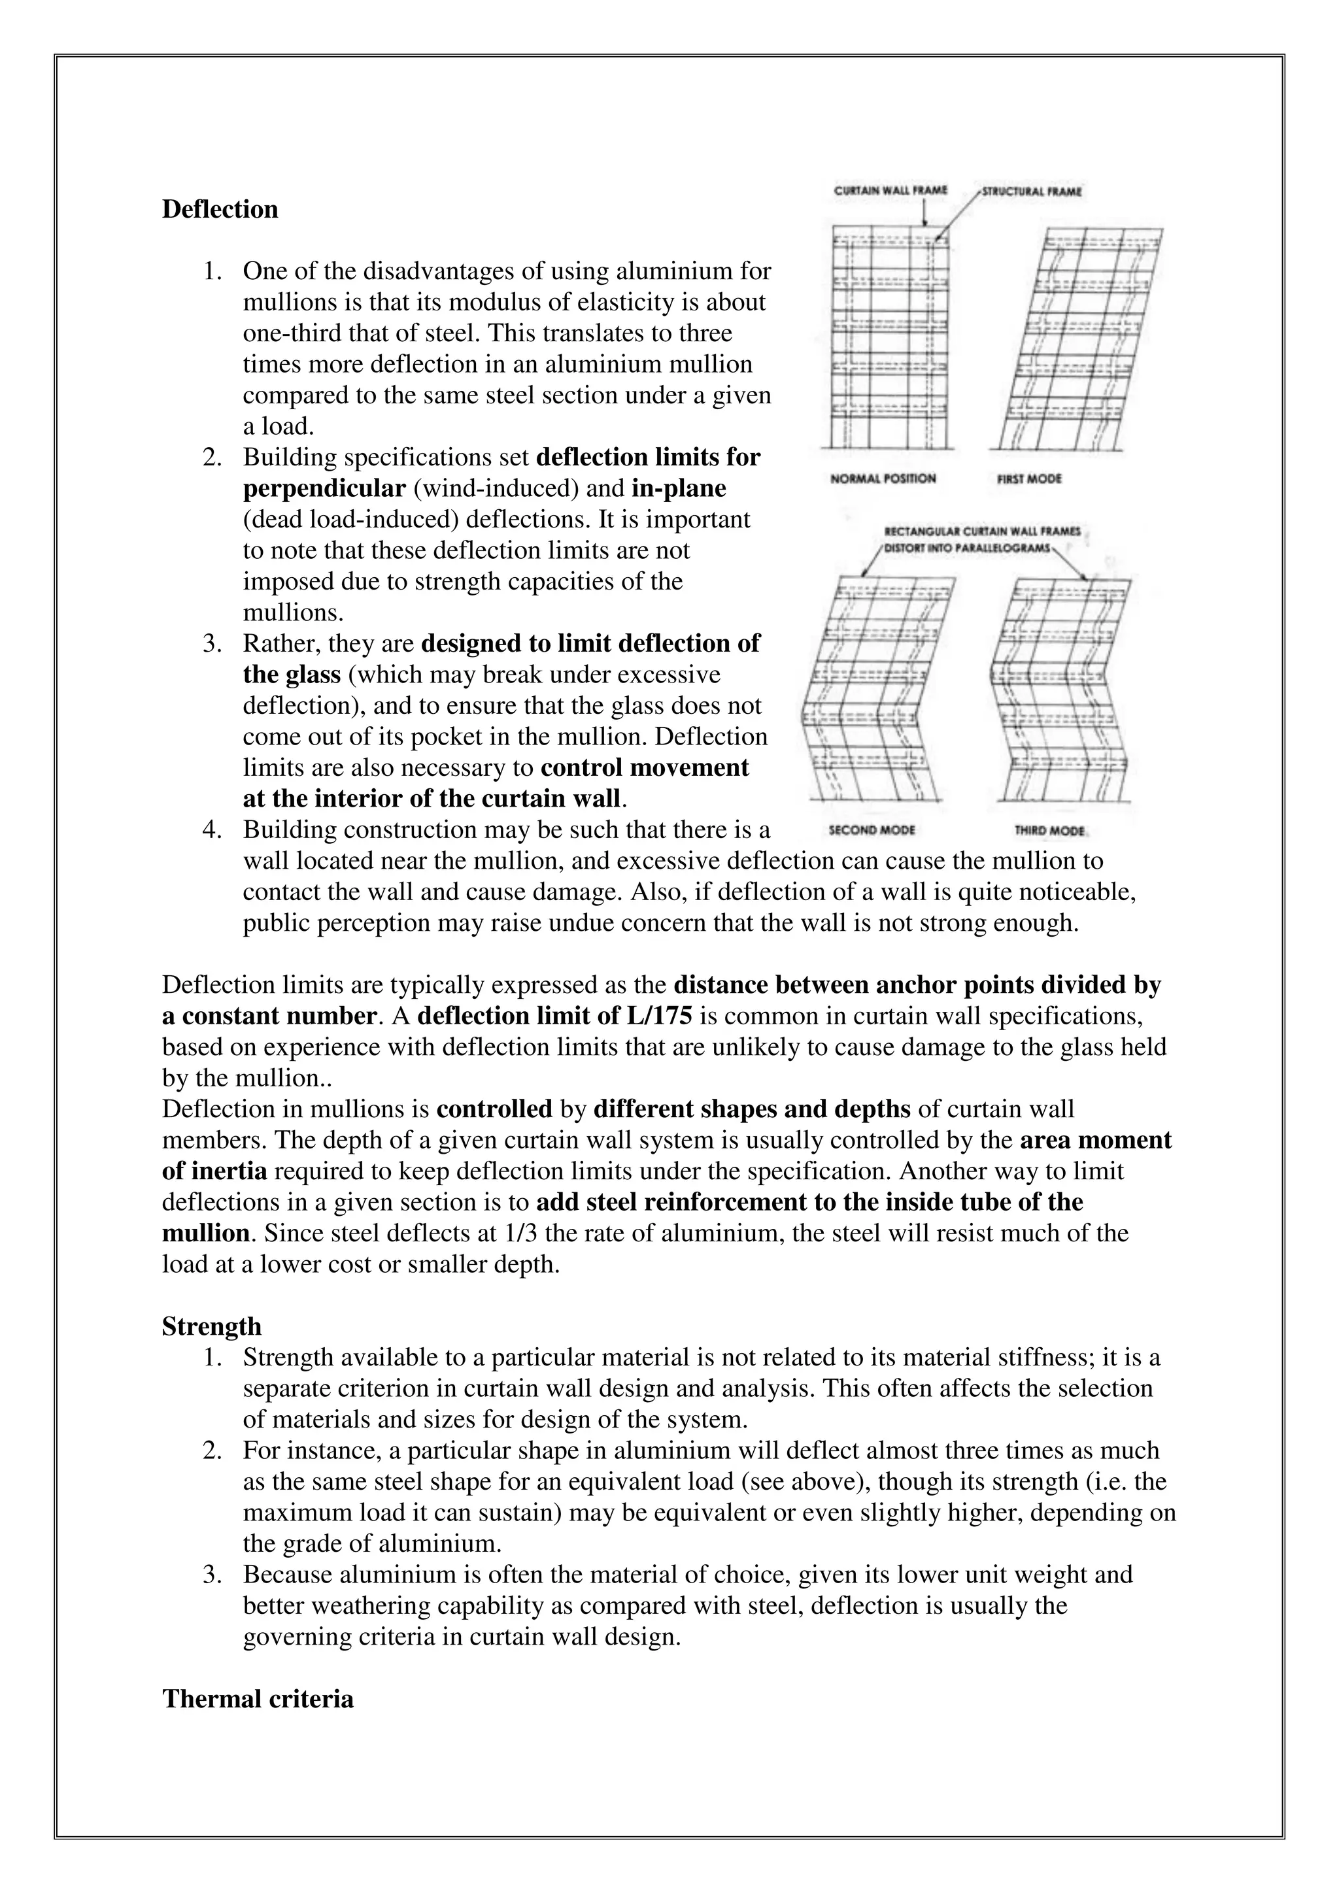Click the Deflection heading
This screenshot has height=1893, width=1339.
(x=220, y=209)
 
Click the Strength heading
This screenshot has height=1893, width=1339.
(x=211, y=1326)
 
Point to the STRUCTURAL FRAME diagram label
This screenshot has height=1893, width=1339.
(x=1032, y=192)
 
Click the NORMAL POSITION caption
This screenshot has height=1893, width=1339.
(x=883, y=478)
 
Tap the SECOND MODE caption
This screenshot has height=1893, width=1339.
(x=872, y=830)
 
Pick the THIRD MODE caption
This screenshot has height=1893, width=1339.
(x=1049, y=831)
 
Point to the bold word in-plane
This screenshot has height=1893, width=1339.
(x=679, y=488)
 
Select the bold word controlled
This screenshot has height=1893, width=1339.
(x=494, y=1109)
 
